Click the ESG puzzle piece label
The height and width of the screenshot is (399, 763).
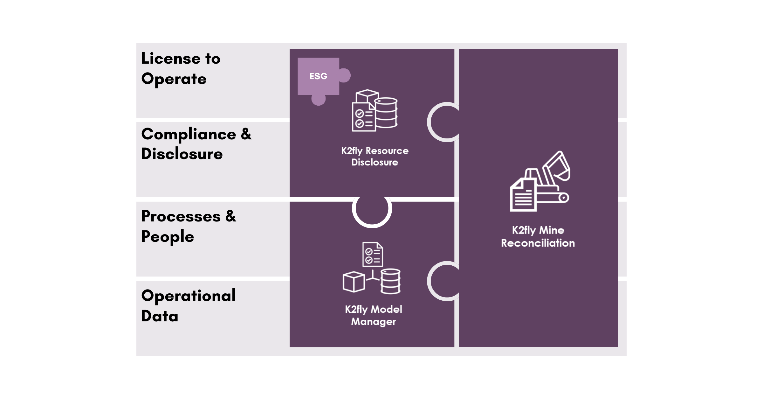coord(318,76)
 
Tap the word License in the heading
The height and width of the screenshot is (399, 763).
coord(171,59)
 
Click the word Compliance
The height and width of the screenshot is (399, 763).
coord(189,134)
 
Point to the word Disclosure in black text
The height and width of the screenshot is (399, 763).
coord(182,154)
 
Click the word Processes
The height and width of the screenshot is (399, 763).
coord(181,217)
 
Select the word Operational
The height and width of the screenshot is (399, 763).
coord(189,296)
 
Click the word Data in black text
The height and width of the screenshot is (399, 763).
coord(160,316)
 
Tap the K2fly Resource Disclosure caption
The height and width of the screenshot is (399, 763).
coord(375,157)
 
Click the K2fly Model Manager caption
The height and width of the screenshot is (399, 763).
coord(374,315)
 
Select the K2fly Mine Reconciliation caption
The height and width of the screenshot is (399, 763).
coord(538,237)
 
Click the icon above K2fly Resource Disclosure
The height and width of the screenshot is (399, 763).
coord(375,110)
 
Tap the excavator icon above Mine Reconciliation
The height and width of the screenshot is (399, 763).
coord(540,181)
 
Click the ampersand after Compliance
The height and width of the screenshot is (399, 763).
coord(246,134)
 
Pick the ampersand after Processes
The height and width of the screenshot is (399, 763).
coord(231,216)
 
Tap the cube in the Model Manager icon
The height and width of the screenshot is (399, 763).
coord(354,282)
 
